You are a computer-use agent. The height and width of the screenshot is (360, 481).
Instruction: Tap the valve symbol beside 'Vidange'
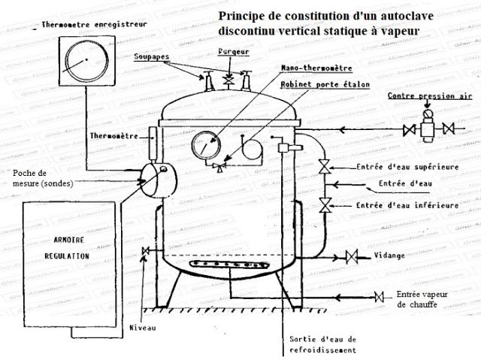pyautogui.click(x=349, y=256)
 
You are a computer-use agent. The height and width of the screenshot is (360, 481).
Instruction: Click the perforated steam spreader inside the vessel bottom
pyautogui.click(x=222, y=264)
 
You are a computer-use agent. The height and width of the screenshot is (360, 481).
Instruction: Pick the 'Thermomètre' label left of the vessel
pyautogui.click(x=112, y=138)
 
